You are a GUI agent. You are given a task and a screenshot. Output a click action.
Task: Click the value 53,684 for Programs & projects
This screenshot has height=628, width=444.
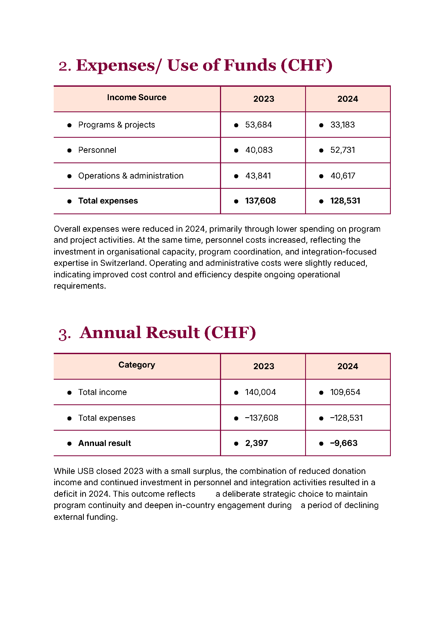(258, 125)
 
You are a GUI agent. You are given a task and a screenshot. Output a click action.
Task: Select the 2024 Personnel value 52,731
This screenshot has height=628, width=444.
(342, 150)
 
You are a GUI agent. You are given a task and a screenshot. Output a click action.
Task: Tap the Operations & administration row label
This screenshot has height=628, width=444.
(131, 176)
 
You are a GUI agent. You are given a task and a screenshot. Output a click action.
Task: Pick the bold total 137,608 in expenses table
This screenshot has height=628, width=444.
(260, 201)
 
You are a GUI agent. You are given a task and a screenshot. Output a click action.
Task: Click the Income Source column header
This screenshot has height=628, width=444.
(136, 97)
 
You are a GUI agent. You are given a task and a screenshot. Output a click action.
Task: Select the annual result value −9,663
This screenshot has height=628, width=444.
(344, 443)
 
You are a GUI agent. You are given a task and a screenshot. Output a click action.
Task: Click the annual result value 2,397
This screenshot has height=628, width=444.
(256, 443)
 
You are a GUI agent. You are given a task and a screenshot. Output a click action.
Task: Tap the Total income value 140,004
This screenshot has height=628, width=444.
(260, 392)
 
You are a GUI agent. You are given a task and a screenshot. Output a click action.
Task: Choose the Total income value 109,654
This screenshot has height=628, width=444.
(345, 392)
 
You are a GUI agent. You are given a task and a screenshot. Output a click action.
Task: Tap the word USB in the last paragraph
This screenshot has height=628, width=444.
(86, 471)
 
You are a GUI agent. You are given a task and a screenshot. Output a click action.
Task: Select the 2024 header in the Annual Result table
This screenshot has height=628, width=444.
(347, 366)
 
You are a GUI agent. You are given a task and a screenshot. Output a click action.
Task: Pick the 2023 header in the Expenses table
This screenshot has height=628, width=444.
(263, 99)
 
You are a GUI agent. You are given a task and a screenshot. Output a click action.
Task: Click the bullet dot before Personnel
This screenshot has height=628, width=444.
(70, 150)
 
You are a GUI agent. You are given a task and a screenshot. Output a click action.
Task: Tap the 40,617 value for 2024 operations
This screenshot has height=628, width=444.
(342, 176)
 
